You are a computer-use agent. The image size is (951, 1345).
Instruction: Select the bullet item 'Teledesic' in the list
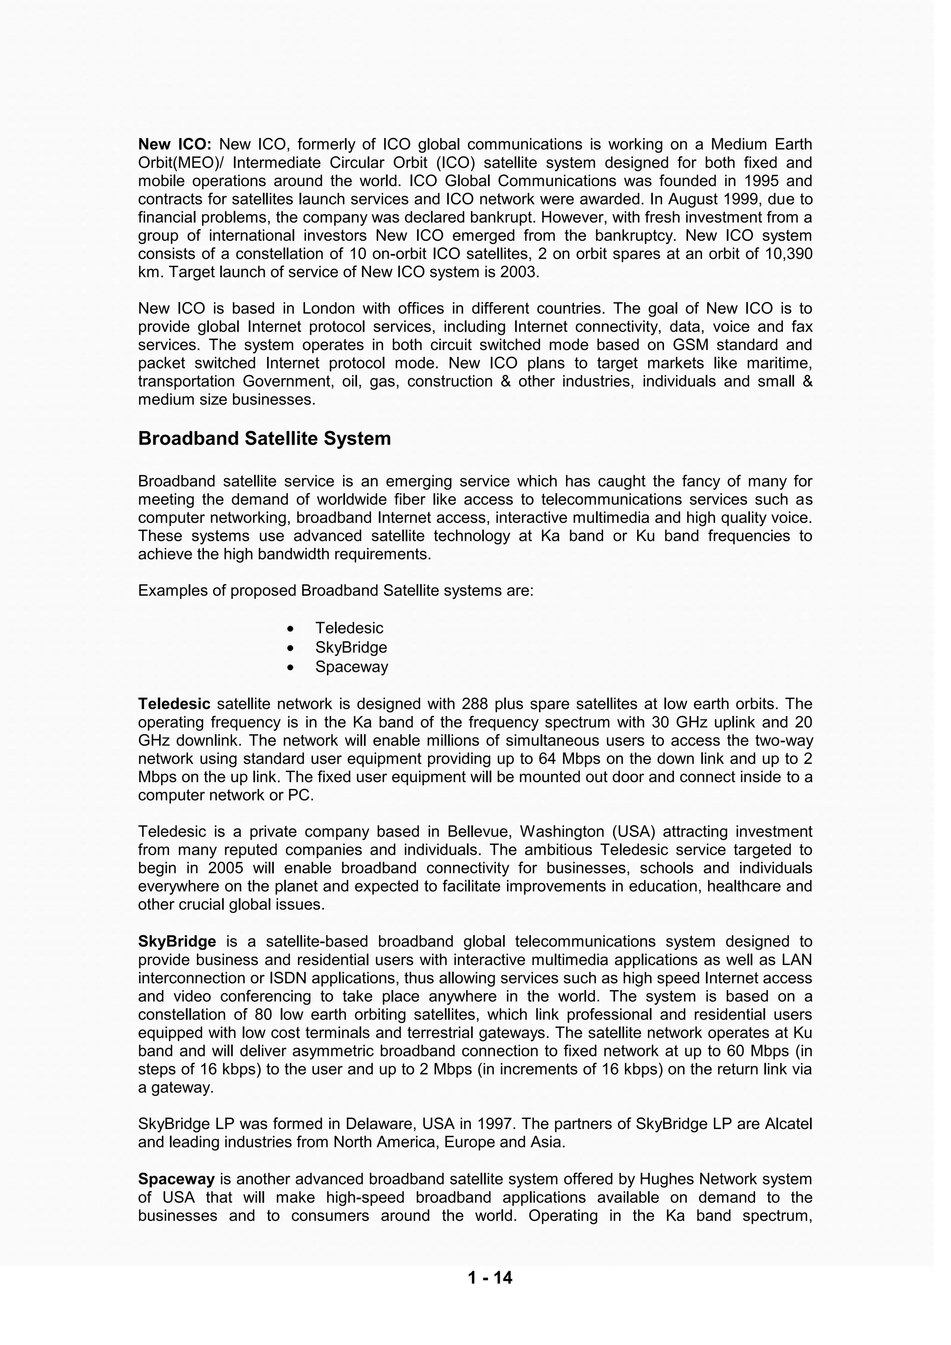pyautogui.click(x=349, y=628)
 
